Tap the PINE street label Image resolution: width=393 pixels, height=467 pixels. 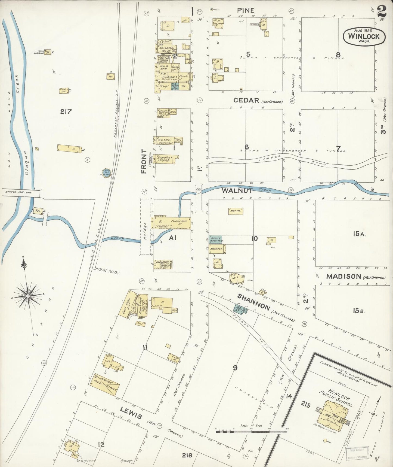(x=246, y=10)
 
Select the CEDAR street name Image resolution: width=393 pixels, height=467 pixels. (x=246, y=101)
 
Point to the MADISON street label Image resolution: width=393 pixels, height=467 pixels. (x=344, y=277)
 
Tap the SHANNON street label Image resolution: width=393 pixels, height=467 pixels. (x=253, y=302)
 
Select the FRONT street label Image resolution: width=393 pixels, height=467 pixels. (x=144, y=161)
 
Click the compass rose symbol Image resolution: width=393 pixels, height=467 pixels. (x=28, y=295)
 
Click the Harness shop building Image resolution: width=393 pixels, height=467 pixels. (x=217, y=249)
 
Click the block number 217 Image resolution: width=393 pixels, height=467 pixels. (x=66, y=111)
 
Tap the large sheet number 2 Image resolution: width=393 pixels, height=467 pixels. (x=382, y=11)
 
